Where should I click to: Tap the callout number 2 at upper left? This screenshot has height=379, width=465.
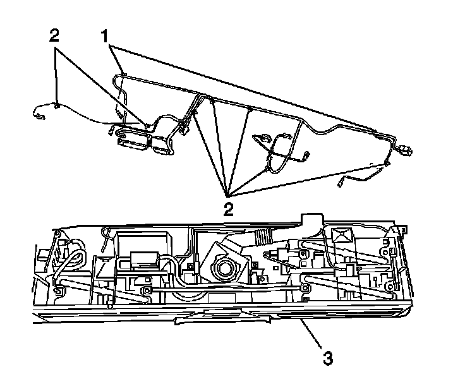coord(56,35)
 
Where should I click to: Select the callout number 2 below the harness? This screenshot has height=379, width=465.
coord(229,208)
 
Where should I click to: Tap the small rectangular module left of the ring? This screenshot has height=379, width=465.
coord(142,260)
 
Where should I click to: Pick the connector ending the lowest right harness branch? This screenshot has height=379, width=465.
coord(341,183)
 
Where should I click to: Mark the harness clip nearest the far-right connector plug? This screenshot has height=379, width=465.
coord(386,165)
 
